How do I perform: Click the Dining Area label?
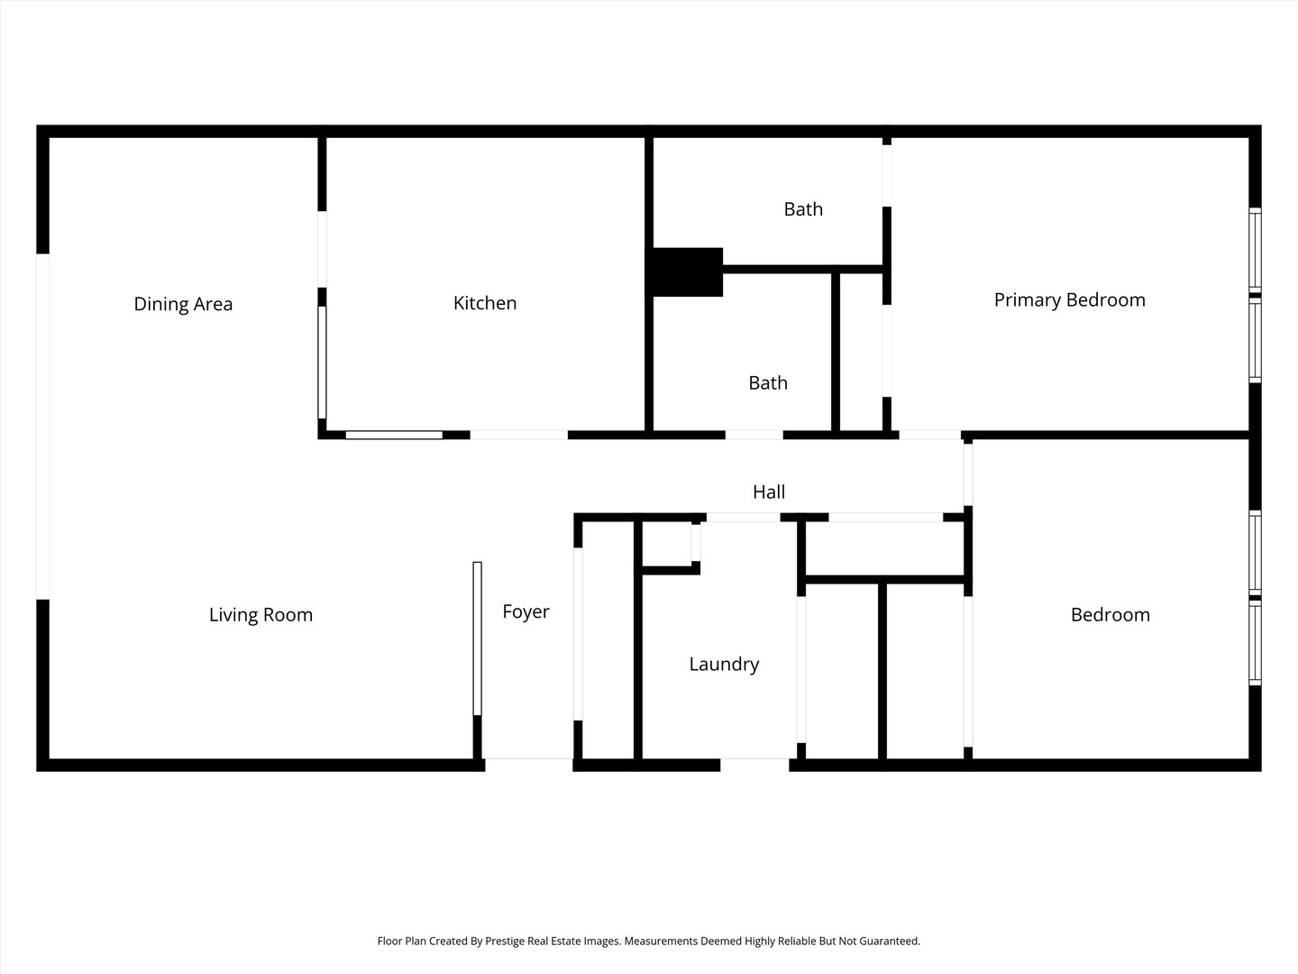pos(183,304)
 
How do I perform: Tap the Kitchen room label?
pos(485,303)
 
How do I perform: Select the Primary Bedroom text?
pos(1069,299)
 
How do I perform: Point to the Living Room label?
pos(261,614)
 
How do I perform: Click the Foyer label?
pos(526,611)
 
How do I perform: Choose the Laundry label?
pos(724,664)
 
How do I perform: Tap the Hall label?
pos(769,492)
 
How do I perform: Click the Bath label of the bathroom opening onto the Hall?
pos(768,382)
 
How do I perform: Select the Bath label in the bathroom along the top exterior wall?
pos(803,209)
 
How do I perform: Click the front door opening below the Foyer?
pos(528,764)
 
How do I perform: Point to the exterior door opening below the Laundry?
pos(754,764)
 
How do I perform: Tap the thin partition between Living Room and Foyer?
pos(477,639)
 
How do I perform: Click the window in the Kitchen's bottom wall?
pos(394,435)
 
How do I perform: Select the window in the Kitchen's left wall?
pos(322,362)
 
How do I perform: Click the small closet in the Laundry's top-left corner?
pos(667,543)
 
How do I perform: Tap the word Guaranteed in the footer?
pos(890,941)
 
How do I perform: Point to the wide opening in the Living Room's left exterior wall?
pos(41,426)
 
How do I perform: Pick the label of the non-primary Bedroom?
pos(1110,614)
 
